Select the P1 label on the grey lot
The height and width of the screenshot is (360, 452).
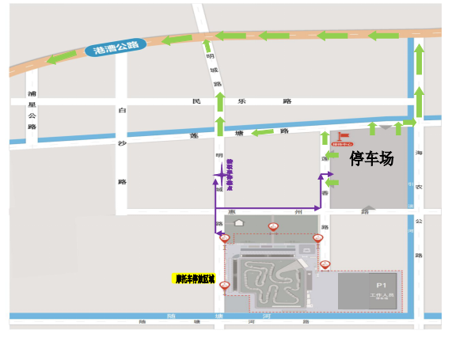(381, 285)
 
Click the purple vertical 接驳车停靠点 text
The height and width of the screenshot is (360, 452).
(230, 175)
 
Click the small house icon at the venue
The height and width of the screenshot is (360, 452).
(238, 224)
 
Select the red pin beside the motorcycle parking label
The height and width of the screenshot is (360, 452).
(225, 285)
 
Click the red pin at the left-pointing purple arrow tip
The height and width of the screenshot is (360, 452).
(225, 237)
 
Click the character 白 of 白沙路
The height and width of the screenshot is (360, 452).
(121, 112)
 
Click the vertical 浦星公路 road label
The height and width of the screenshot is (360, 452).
(32, 110)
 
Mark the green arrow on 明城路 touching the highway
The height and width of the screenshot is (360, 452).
(207, 45)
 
